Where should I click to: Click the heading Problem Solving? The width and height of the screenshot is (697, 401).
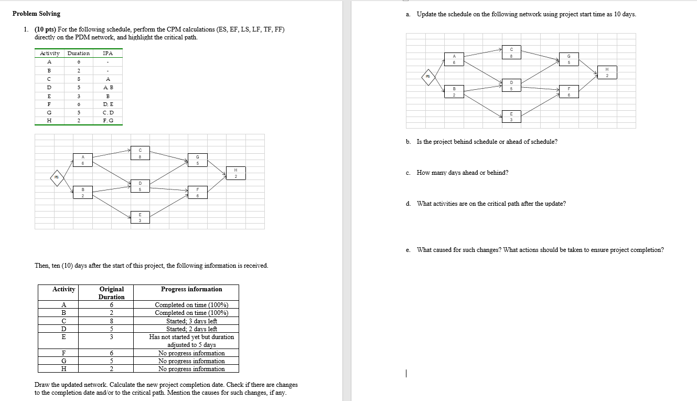tap(36, 14)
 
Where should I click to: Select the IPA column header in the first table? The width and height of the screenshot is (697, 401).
tap(108, 54)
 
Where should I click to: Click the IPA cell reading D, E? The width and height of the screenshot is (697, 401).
tap(108, 104)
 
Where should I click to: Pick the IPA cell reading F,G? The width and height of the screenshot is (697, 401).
tap(108, 121)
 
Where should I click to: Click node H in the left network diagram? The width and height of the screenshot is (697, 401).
tap(236, 173)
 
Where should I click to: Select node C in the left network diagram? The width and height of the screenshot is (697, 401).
tap(140, 153)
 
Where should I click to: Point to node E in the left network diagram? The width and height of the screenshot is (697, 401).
tap(140, 217)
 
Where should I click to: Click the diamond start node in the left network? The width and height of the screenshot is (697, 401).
tap(56, 177)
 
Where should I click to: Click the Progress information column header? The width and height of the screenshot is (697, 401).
tap(191, 289)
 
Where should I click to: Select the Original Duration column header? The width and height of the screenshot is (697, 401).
tap(112, 293)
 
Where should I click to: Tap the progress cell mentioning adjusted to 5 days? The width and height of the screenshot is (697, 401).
tap(191, 341)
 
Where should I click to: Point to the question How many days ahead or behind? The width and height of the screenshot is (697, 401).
tap(462, 173)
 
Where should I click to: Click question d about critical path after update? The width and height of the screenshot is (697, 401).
tap(491, 204)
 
